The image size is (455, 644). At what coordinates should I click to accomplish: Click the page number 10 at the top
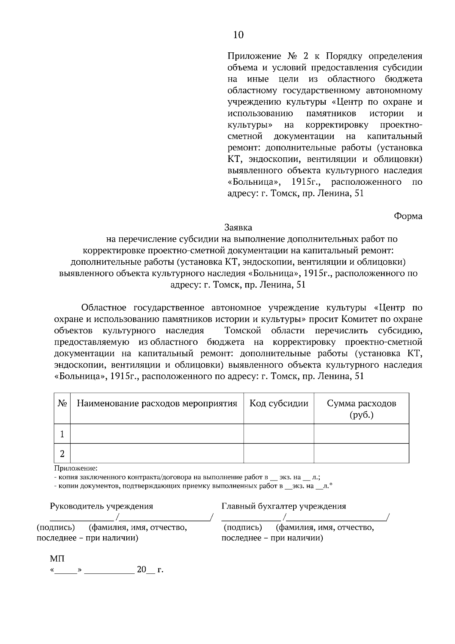(238, 35)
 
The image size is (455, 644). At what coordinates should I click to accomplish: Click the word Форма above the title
(408, 216)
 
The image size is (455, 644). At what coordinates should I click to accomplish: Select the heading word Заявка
(238, 228)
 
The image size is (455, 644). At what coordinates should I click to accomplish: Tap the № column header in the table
(62, 404)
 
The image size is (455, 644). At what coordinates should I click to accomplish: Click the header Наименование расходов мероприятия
(157, 404)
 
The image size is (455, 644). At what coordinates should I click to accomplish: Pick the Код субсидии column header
(279, 404)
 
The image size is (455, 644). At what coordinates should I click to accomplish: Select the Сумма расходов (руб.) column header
(361, 409)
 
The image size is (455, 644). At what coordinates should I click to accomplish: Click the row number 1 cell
(62, 434)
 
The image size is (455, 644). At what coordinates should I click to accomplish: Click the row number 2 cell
(62, 454)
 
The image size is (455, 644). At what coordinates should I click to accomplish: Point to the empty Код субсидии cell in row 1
(279, 434)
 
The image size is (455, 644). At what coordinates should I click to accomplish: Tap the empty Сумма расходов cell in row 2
(361, 454)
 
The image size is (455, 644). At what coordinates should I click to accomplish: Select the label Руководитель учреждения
(102, 506)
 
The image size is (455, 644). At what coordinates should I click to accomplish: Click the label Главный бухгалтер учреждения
(284, 506)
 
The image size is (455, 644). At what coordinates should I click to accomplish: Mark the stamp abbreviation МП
(57, 559)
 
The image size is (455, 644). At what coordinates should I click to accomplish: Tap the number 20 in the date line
(141, 570)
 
